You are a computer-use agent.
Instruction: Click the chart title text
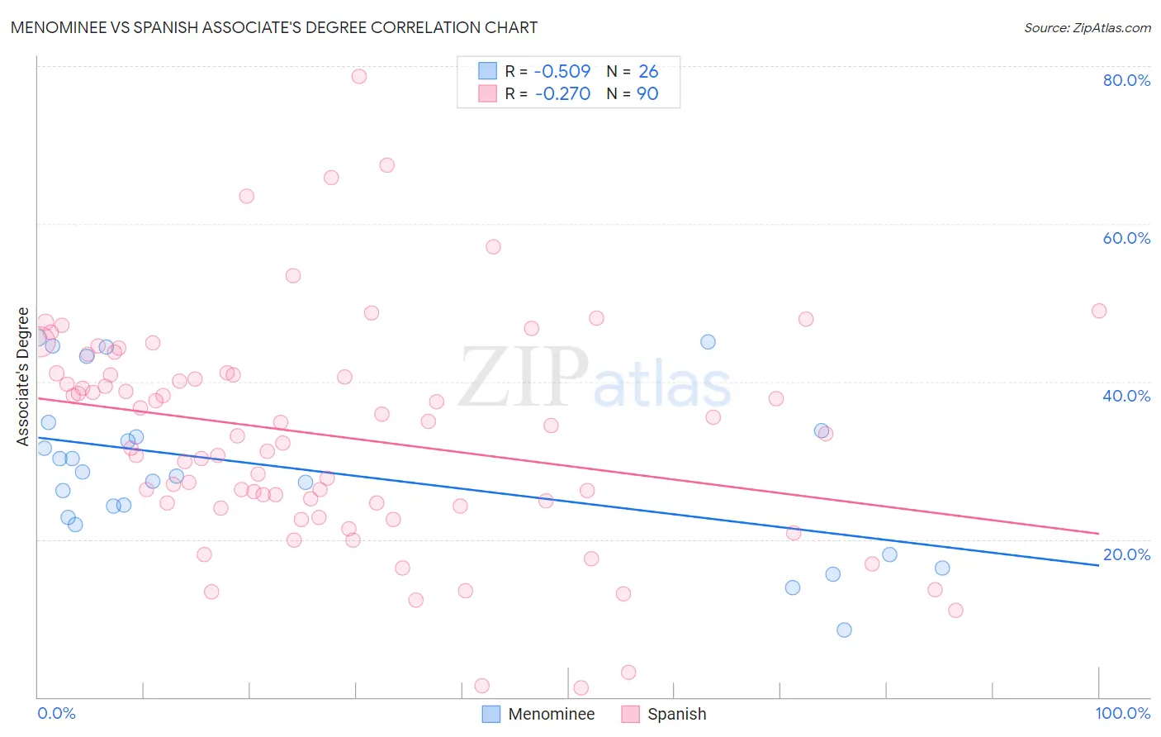point(274,27)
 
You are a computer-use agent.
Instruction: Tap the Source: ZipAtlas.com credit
point(1087,27)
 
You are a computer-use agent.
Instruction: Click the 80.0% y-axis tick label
point(1126,80)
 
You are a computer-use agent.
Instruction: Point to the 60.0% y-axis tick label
point(1126,238)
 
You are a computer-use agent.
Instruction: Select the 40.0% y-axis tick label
point(1126,396)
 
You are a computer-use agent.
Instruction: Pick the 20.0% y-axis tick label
point(1126,554)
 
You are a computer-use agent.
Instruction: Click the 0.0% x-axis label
point(56,713)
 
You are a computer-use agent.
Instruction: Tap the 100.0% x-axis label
point(1122,713)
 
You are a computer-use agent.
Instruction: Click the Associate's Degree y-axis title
point(23,377)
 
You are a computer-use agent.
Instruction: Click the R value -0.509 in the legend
point(562,72)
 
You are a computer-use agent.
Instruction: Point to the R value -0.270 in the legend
point(562,94)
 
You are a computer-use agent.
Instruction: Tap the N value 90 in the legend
point(647,94)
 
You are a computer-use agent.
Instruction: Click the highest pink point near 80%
point(358,76)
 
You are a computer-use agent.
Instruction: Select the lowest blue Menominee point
point(844,630)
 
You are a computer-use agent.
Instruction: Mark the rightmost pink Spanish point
point(1098,311)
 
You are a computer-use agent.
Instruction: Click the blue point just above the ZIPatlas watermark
point(708,342)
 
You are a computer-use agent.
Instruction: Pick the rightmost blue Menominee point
point(942,568)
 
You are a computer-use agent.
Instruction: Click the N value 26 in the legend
point(648,72)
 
